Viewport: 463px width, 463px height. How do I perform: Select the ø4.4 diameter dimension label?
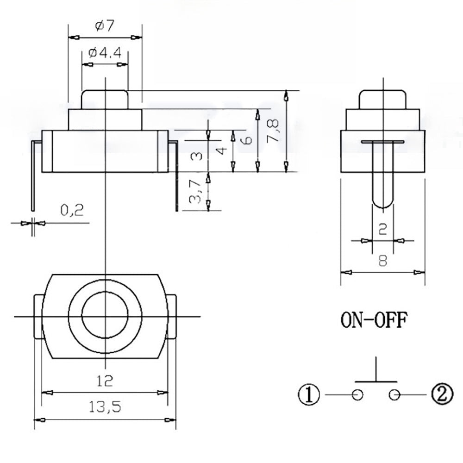[105, 53]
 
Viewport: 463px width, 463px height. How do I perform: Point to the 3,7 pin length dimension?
[196, 191]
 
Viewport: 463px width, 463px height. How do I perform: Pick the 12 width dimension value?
[105, 381]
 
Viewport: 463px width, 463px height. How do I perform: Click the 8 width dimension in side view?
[382, 260]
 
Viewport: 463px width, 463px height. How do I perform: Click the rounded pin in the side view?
[382, 190]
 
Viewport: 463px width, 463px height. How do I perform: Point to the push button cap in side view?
[382, 98]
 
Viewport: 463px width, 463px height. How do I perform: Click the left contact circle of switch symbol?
[357, 394]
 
